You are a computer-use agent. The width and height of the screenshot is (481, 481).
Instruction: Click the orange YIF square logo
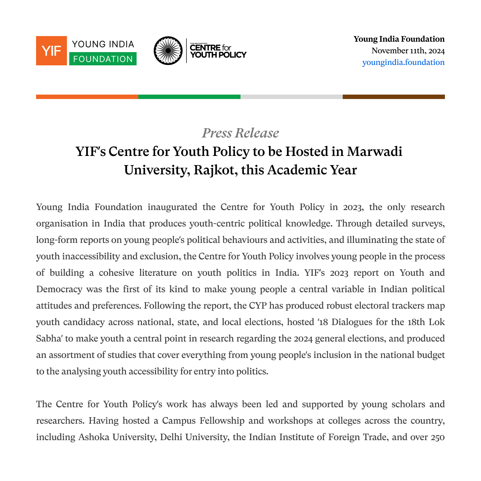click(x=51, y=51)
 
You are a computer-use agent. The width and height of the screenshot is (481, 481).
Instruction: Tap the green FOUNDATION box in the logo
click(x=103, y=59)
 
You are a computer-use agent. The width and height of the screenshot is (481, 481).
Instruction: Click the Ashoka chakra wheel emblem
click(x=168, y=51)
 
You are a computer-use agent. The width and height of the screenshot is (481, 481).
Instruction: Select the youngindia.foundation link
click(x=403, y=62)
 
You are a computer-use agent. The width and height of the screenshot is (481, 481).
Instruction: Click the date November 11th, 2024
click(x=408, y=51)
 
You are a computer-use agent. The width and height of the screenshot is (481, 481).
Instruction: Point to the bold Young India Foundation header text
click(x=399, y=39)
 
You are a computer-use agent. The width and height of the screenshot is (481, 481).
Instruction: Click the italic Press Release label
click(x=240, y=133)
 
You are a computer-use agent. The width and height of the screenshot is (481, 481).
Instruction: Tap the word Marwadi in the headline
click(x=374, y=152)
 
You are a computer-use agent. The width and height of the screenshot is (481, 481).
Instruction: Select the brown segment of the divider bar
click(x=394, y=97)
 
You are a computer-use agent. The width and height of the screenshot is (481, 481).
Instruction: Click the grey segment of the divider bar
click(x=291, y=97)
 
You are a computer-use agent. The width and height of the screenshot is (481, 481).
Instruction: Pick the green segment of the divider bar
click(x=189, y=97)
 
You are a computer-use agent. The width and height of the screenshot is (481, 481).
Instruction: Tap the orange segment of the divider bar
click(x=87, y=97)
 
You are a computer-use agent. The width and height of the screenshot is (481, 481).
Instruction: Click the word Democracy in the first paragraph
click(x=59, y=289)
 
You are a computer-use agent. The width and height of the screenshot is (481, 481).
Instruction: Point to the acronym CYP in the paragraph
click(x=258, y=305)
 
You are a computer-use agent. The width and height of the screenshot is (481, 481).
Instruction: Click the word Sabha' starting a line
click(x=49, y=338)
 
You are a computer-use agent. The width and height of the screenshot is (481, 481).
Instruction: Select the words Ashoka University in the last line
click(x=117, y=437)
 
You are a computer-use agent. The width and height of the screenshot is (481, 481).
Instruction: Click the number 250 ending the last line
click(x=438, y=437)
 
